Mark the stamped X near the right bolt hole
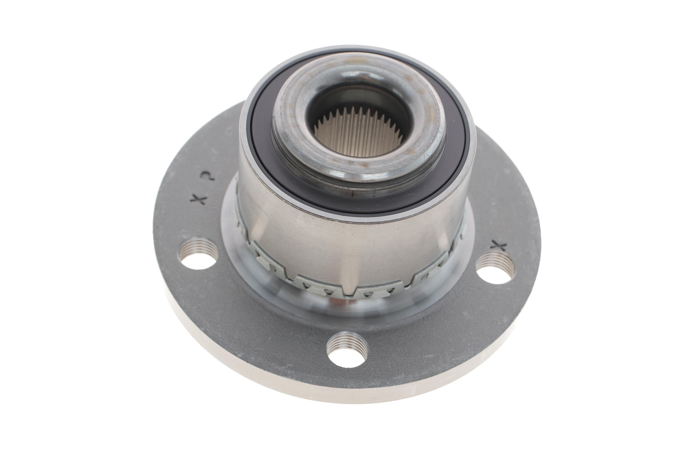(499, 245)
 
